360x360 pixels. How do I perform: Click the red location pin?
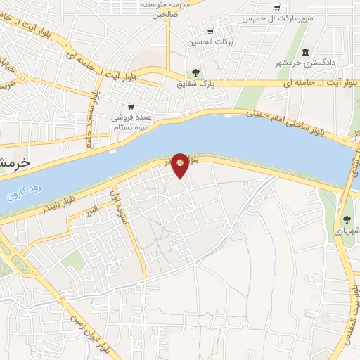point(180,165)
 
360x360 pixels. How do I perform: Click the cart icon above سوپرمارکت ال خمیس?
point(277,7)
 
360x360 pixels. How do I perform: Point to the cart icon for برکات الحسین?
point(210,31)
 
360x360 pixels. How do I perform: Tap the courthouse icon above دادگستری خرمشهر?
point(305,53)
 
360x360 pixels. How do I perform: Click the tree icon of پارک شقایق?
point(195,72)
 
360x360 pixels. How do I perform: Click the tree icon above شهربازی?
point(347,219)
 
